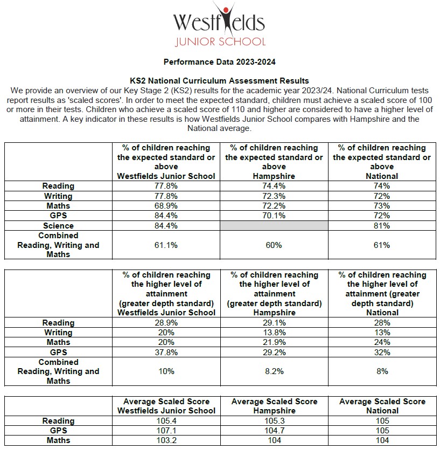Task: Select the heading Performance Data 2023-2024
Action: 220,62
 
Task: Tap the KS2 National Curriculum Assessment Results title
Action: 220,81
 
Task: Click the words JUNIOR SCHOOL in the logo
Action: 220,42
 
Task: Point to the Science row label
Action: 58,226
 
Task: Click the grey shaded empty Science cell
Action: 274,226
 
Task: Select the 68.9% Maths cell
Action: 166,206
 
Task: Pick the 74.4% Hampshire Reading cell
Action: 274,186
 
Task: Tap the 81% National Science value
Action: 382,226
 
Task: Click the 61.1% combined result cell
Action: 166,245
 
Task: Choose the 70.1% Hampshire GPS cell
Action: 274,216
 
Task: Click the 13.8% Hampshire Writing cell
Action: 274,333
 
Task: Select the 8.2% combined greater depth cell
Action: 274,371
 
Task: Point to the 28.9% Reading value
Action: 166,323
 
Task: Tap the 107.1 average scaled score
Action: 166,431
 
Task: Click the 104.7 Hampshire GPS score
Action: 274,431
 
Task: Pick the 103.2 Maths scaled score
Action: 166,440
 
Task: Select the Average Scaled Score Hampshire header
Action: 274,406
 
